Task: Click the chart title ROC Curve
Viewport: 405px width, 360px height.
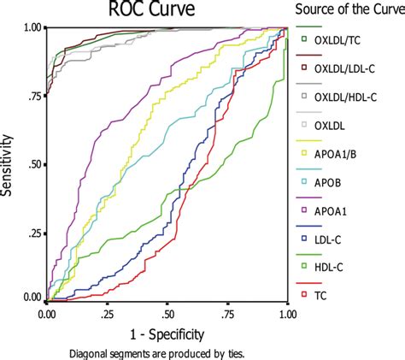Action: point(167,11)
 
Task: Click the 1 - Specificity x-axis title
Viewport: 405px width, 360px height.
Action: point(167,333)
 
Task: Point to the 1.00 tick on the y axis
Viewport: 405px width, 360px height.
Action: point(31,28)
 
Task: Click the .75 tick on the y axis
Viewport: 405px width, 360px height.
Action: point(33,96)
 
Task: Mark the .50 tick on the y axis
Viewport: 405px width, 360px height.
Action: point(33,163)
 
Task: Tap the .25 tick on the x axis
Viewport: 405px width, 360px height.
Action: point(108,314)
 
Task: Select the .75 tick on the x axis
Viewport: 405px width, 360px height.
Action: point(228,314)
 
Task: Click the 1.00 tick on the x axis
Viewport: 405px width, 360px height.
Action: point(288,314)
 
